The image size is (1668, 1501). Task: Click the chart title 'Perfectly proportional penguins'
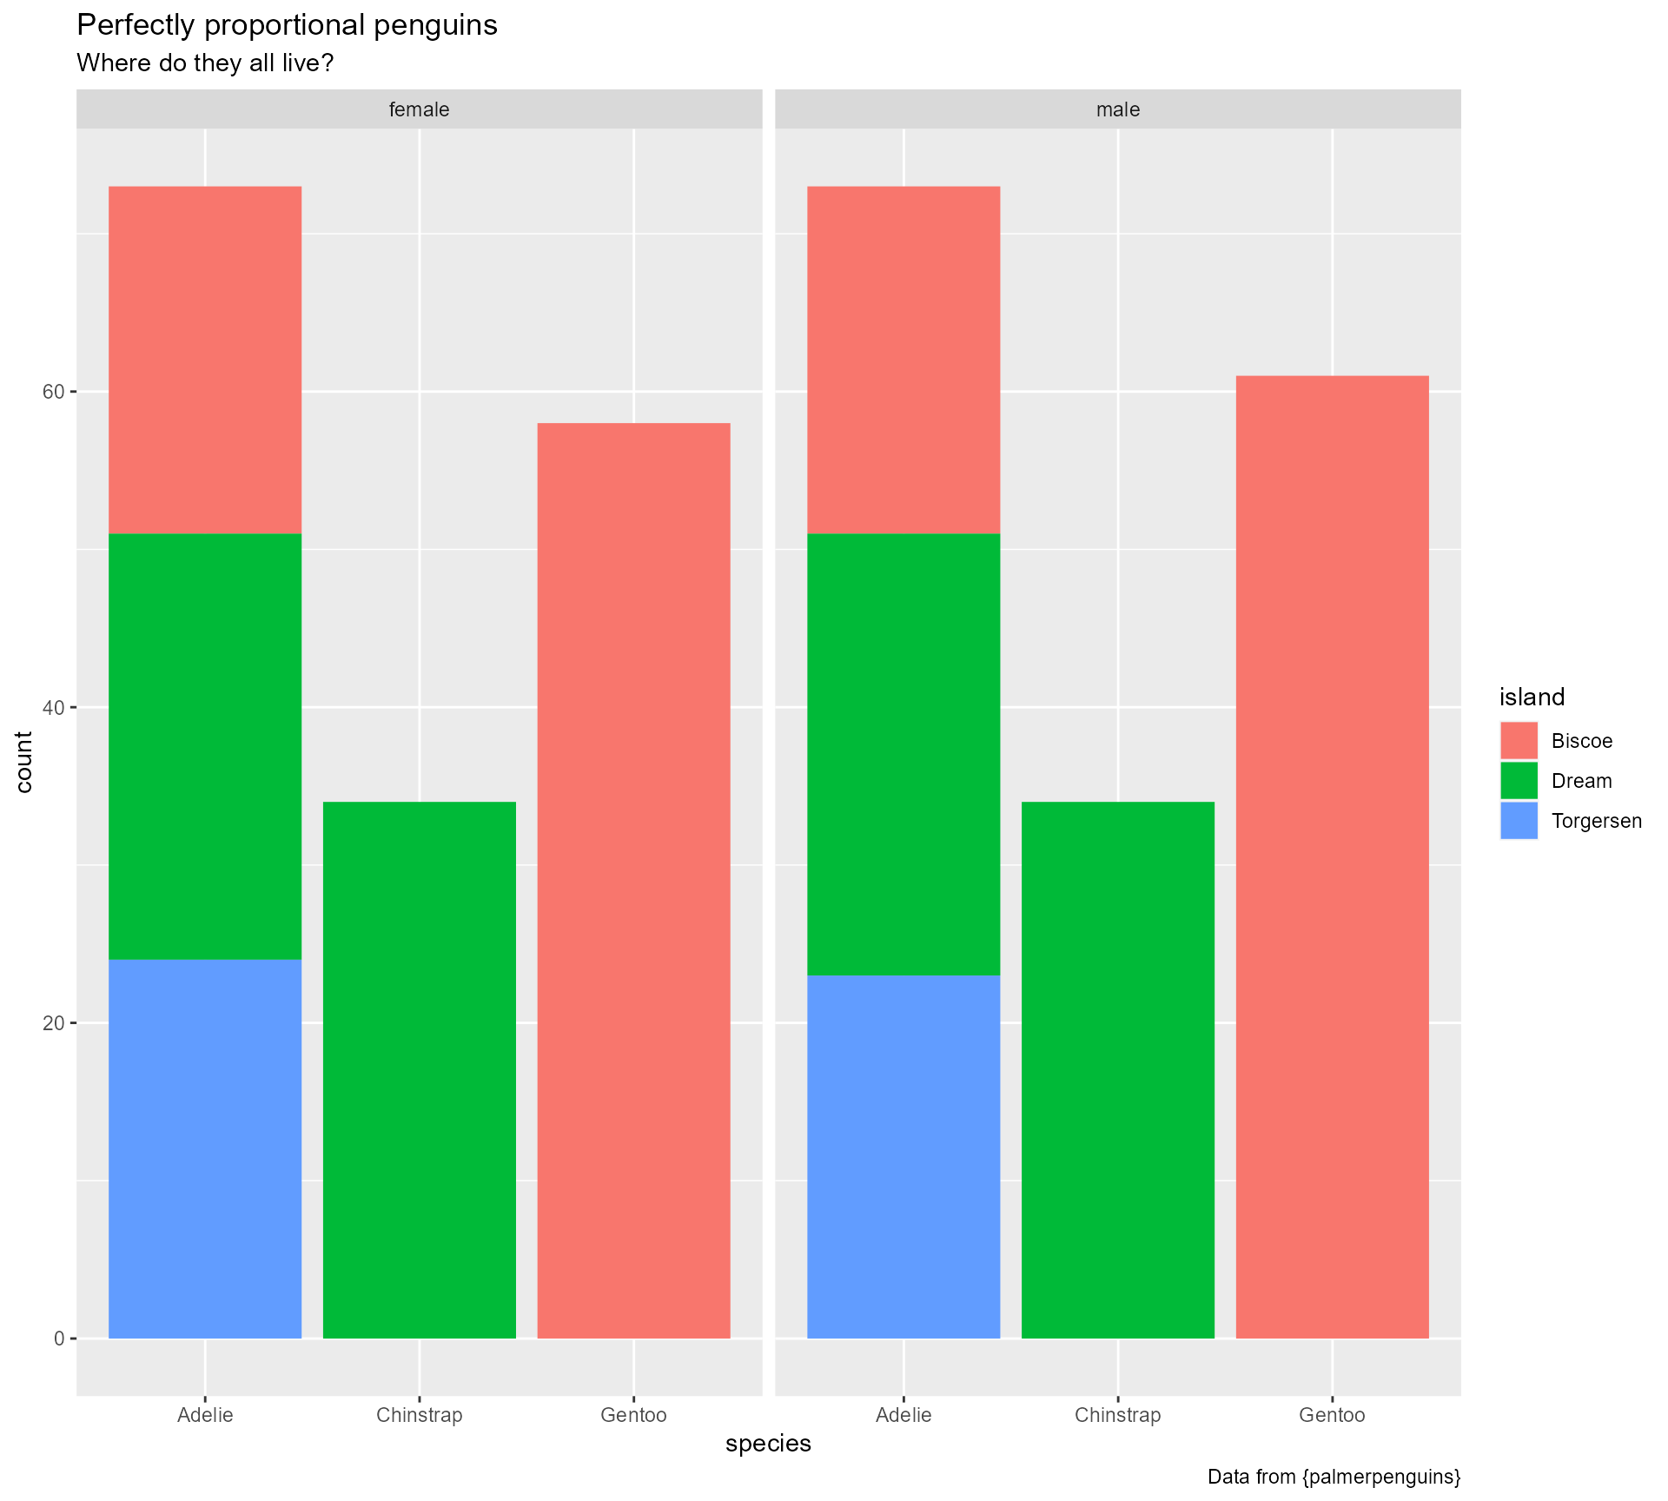coord(287,26)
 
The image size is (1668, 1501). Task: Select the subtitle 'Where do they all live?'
coord(205,63)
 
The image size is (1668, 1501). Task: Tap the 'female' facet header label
coord(419,109)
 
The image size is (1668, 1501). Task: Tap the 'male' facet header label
coord(1117,109)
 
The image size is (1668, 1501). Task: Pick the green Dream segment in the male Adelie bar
coord(903,754)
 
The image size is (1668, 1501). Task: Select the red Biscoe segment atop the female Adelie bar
coord(205,360)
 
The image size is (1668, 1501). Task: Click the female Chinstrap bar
coord(419,1069)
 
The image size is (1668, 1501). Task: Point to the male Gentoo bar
coord(1332,856)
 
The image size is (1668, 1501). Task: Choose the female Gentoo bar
coord(633,880)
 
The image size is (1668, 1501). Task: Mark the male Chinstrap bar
coord(1117,1069)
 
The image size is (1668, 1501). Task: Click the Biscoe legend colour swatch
coord(1519,741)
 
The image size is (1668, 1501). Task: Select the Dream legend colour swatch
coord(1519,781)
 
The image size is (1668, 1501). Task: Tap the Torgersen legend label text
coord(1596,821)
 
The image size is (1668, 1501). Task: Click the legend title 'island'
coord(1532,697)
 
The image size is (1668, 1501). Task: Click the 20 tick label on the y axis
coord(54,1022)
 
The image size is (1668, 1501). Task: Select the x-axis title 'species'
coord(768,1443)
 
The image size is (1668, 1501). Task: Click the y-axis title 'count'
coord(24,762)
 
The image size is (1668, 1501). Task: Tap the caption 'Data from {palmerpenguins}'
coord(1334,1477)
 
